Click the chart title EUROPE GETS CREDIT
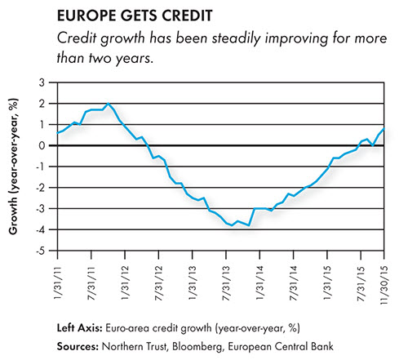(x=135, y=16)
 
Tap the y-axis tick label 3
(x=42, y=82)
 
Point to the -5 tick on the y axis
(x=41, y=251)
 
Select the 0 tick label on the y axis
(x=42, y=145)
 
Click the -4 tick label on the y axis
(x=41, y=229)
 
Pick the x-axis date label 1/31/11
(x=58, y=283)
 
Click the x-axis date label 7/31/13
(x=226, y=283)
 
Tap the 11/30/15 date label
(x=384, y=285)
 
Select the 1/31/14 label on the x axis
(x=260, y=283)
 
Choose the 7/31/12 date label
(x=159, y=283)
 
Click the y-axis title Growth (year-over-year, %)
(x=13, y=167)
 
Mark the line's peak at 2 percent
(x=109, y=104)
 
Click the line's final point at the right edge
(x=384, y=128)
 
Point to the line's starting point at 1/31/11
(x=58, y=133)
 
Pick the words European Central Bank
(x=281, y=346)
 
